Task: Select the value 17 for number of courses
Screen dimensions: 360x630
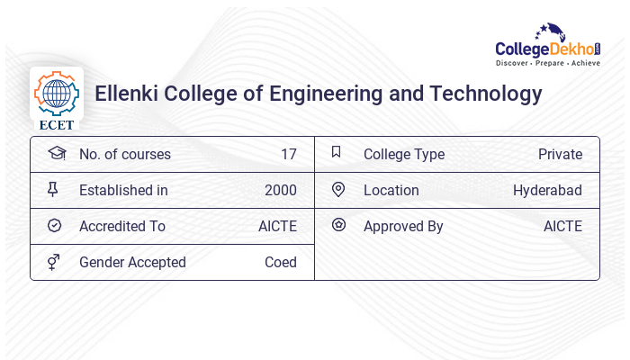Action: tap(288, 154)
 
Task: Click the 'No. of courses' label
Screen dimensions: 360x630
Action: tap(124, 154)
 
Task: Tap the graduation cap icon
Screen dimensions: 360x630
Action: tap(56, 153)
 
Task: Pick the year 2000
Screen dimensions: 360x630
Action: tap(281, 190)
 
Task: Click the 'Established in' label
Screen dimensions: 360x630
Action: tap(123, 190)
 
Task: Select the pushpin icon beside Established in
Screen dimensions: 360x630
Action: tap(54, 189)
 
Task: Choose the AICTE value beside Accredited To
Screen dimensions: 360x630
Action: tap(277, 226)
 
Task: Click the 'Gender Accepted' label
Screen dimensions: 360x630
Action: tap(132, 262)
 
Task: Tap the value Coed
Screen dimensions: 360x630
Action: tap(281, 262)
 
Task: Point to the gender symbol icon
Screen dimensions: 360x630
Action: tap(54, 262)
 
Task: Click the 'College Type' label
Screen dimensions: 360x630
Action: tap(404, 154)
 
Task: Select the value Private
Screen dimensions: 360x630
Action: tap(560, 154)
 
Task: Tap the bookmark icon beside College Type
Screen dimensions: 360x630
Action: tap(337, 152)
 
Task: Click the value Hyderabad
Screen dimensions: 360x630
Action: tap(547, 190)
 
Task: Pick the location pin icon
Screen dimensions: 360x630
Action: tap(337, 189)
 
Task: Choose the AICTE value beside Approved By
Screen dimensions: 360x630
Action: tap(562, 226)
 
